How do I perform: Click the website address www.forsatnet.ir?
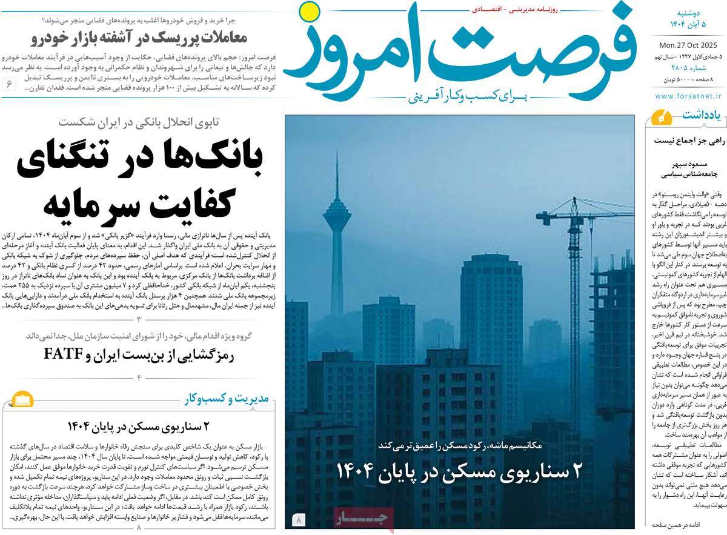(688, 95)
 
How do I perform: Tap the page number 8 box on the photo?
(300, 519)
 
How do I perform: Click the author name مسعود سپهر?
(685, 164)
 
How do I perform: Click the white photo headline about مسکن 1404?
(459, 471)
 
